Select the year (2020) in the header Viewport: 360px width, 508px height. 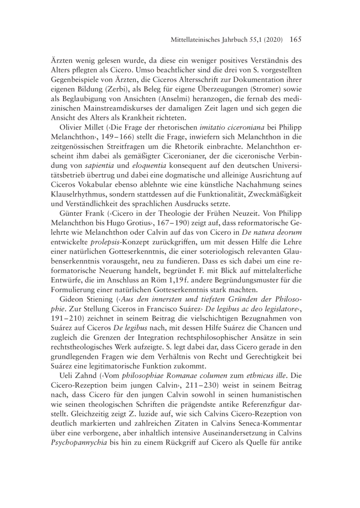point(270,40)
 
